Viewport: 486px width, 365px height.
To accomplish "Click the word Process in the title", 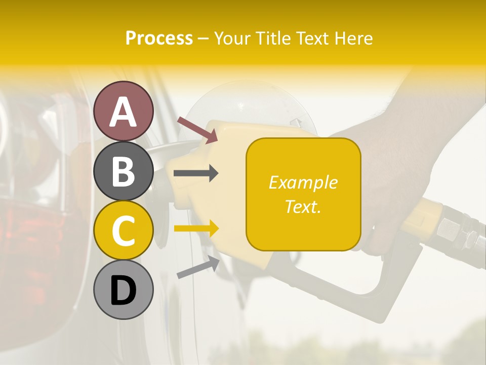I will click(159, 38).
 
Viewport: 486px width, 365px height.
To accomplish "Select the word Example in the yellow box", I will click(303, 182).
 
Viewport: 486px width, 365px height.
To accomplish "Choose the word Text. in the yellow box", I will click(303, 206).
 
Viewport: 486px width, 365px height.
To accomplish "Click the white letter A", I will click(124, 112).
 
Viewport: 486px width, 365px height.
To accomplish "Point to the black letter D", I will click(124, 291).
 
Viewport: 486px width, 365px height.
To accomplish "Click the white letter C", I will click(124, 231).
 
